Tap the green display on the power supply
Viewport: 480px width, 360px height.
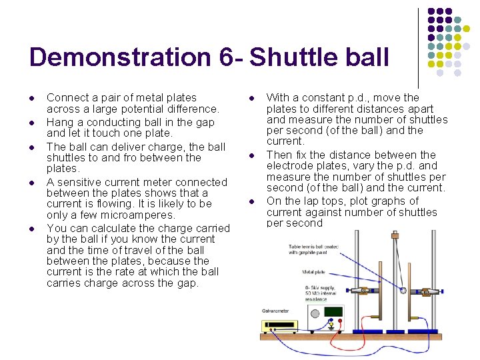[x=333, y=311]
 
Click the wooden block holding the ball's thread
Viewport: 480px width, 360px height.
[x=395, y=235]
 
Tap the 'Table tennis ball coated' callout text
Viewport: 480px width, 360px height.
[x=313, y=247]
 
